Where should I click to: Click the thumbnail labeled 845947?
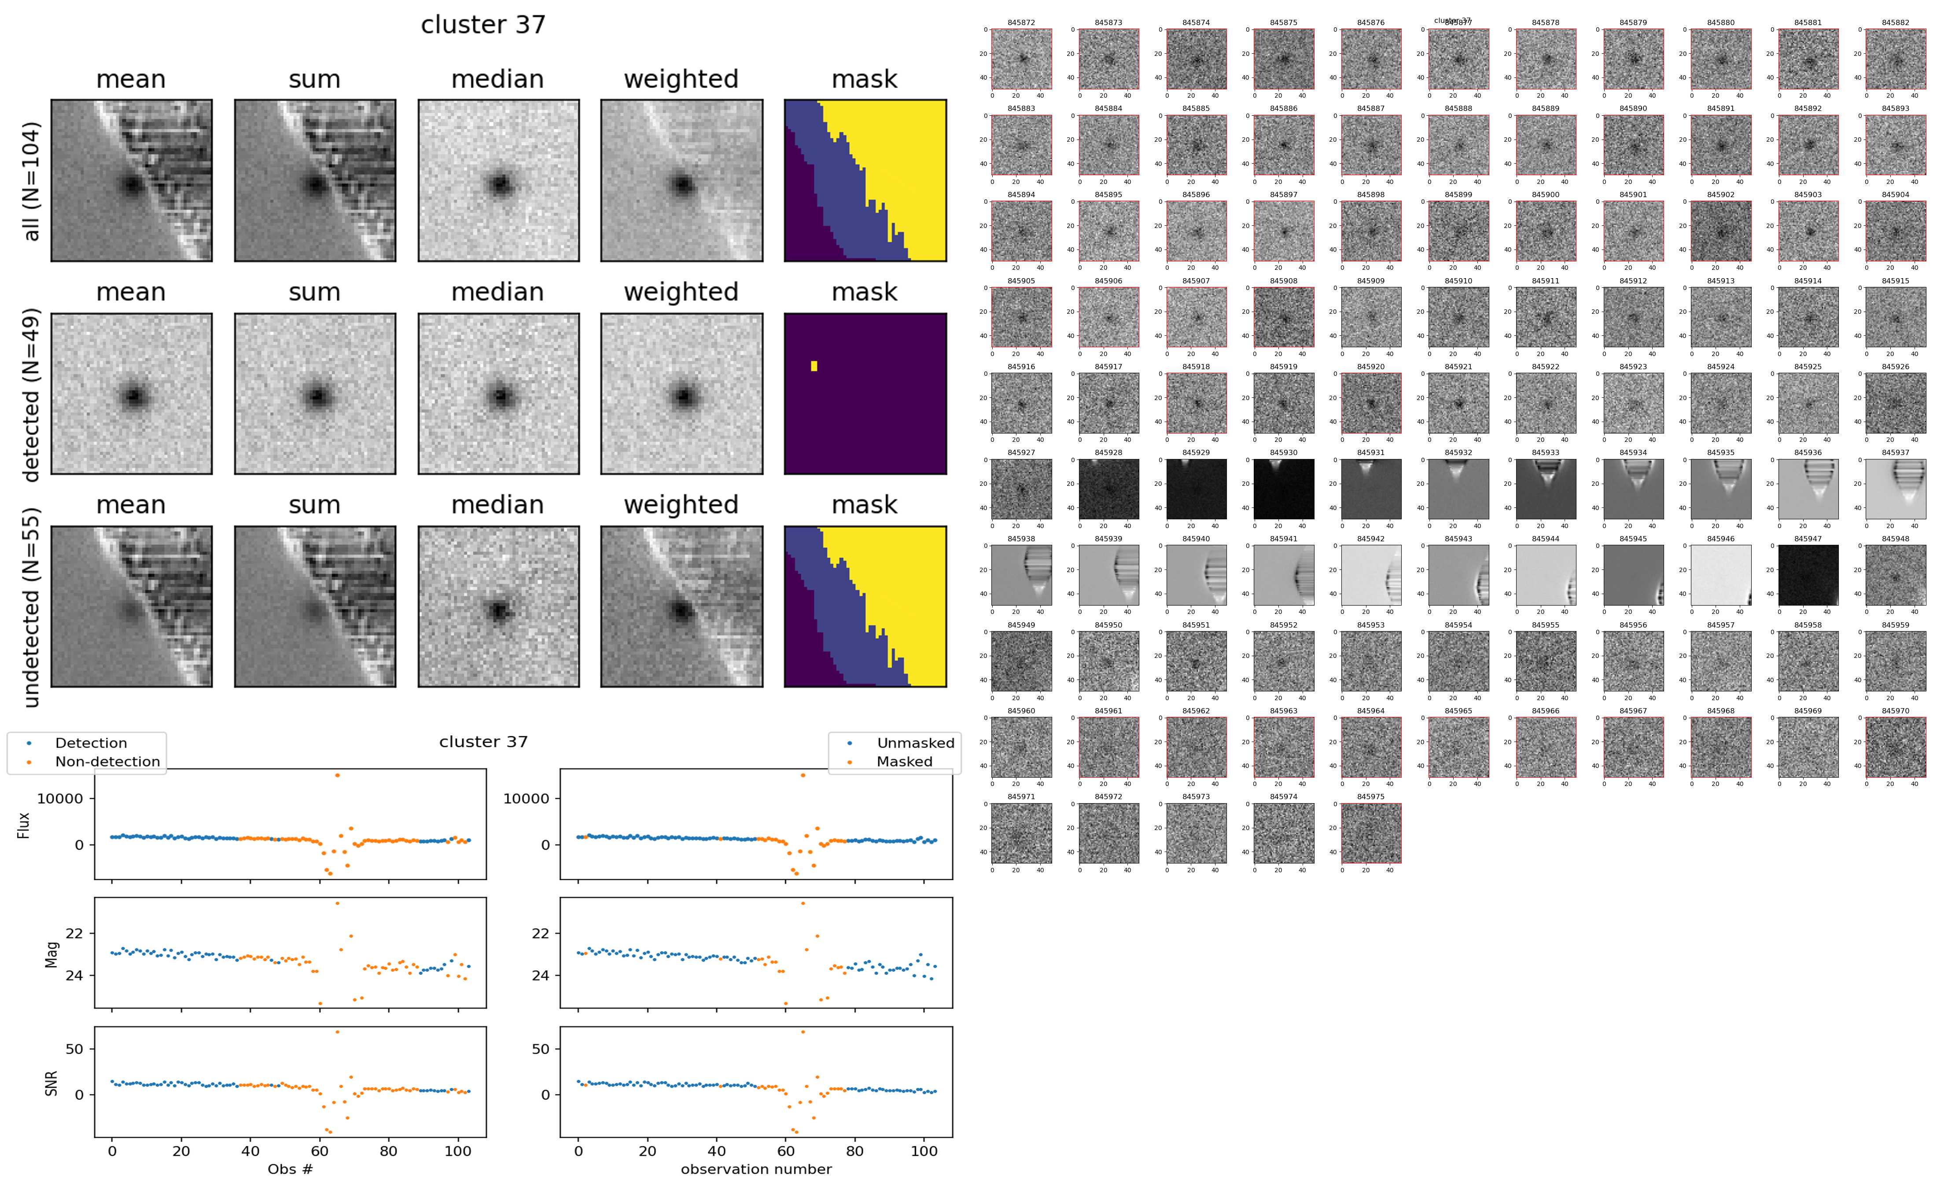(x=1808, y=575)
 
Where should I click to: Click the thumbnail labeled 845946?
(x=1720, y=575)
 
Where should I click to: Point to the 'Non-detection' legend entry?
(x=107, y=761)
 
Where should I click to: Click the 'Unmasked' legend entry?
(x=915, y=743)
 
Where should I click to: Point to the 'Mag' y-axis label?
(x=51, y=954)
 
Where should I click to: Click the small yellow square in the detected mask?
(x=814, y=366)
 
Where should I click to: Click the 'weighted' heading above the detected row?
(x=681, y=292)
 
